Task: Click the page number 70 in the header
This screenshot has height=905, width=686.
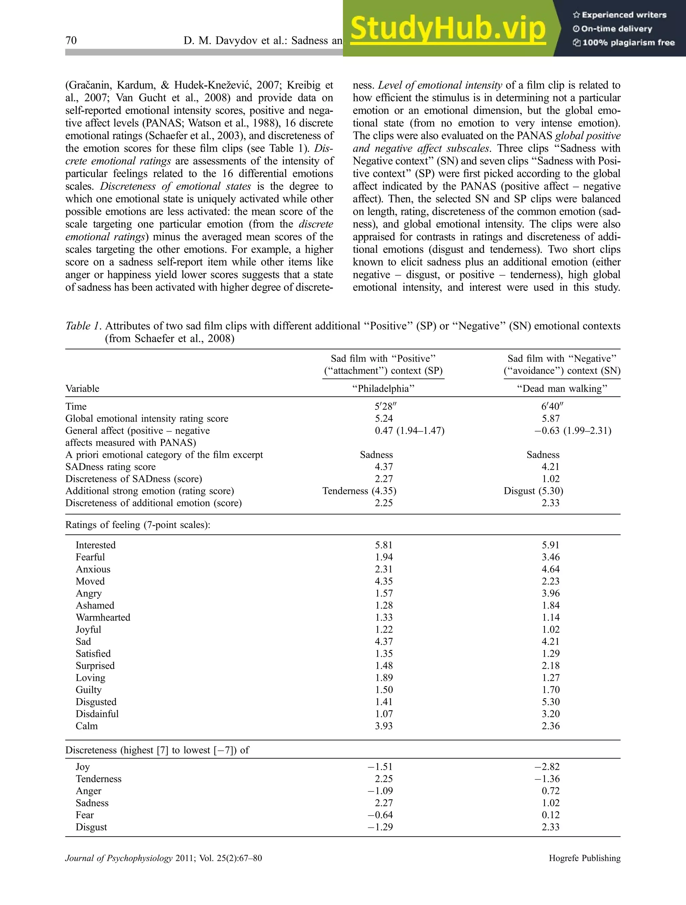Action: pos(71,40)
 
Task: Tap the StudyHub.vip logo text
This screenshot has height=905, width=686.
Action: pos(448,28)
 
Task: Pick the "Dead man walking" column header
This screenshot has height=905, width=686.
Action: pos(562,388)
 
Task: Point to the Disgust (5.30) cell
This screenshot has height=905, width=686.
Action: pos(533,491)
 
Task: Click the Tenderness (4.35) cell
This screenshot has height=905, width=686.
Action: pos(359,491)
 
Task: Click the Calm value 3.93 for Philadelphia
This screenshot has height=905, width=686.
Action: pos(384,725)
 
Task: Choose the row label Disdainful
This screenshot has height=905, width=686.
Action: pos(97,714)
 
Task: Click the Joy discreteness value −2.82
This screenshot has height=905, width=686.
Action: pos(547,766)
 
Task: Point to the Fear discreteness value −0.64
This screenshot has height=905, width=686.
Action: pos(380,815)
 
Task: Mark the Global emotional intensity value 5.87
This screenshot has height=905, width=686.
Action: pos(551,418)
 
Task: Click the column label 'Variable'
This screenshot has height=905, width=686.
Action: pos(82,388)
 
